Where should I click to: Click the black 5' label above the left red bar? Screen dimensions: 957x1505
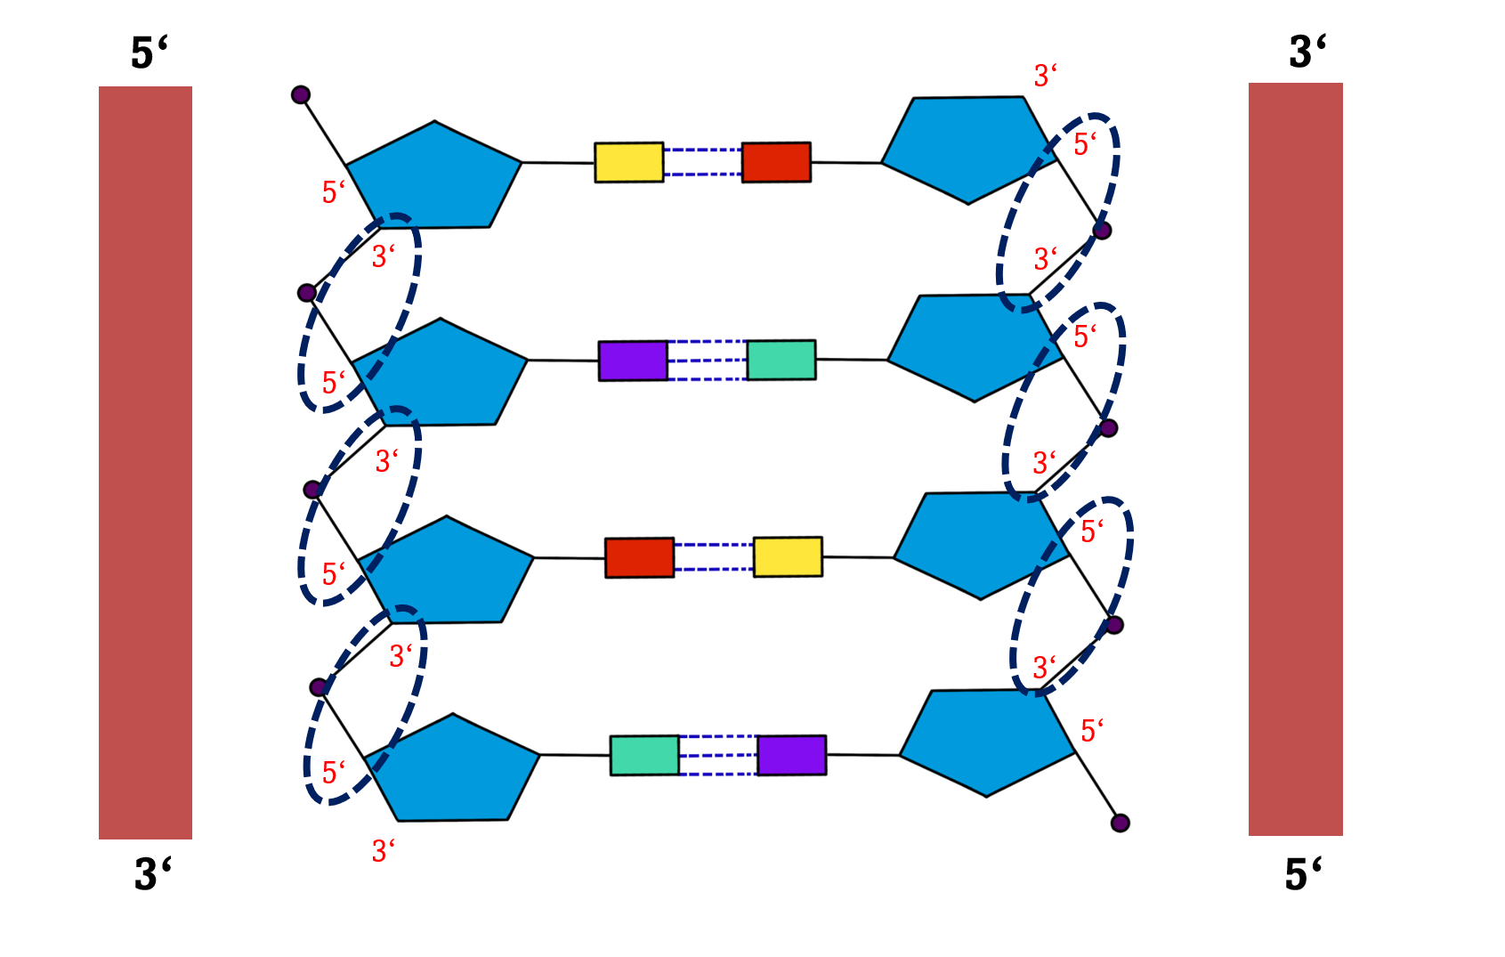[149, 53]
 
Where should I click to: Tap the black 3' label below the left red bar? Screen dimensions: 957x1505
[152, 874]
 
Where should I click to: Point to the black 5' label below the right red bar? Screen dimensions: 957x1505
[1303, 874]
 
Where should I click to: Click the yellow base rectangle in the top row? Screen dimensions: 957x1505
[628, 162]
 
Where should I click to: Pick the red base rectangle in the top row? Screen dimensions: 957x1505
[776, 162]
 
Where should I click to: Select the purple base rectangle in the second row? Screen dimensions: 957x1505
[633, 361]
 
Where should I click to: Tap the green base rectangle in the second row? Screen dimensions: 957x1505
[781, 360]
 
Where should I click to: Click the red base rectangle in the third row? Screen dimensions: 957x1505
[639, 558]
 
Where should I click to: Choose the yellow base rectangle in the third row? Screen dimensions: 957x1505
[788, 557]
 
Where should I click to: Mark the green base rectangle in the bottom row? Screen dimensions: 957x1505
[644, 755]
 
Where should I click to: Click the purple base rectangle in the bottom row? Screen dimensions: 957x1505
[792, 755]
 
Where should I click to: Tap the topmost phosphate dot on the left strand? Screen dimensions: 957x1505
[301, 94]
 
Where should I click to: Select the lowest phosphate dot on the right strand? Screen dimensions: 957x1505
[1121, 823]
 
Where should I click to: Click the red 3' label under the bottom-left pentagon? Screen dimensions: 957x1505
[384, 851]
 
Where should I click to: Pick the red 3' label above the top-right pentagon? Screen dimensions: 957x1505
[1046, 76]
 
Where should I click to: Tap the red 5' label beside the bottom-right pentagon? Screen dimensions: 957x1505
[1092, 731]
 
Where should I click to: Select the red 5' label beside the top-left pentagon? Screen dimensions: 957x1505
[334, 191]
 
